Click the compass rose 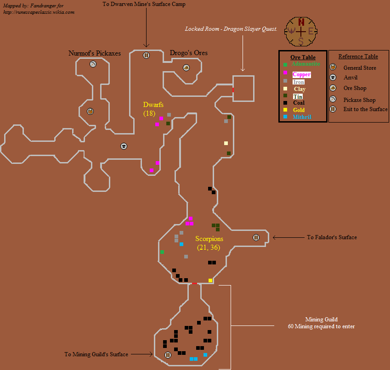point(301,32)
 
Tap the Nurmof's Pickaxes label point(95,53)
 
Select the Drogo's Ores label point(188,53)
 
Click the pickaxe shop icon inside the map point(93,64)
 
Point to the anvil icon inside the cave point(124,146)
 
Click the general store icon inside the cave point(90,112)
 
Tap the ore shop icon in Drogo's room point(187,67)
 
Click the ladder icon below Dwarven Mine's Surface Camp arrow point(146,55)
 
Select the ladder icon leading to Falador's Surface point(256,237)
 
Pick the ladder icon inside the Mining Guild point(168,355)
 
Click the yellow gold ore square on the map point(210,280)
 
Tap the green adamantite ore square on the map point(162,252)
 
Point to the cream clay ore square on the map point(226,143)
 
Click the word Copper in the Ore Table point(301,74)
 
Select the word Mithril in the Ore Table point(302,117)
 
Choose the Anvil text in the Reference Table point(350,78)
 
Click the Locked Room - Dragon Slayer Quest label point(231,29)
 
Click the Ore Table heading point(303,57)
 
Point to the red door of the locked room point(233,90)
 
